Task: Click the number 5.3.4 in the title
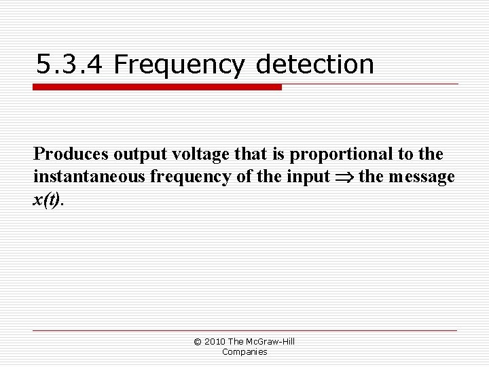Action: coord(69,65)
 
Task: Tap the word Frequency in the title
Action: coord(179,65)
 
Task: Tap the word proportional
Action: coord(333,155)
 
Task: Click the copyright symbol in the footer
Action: coord(198,342)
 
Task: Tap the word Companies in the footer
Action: coord(244,352)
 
